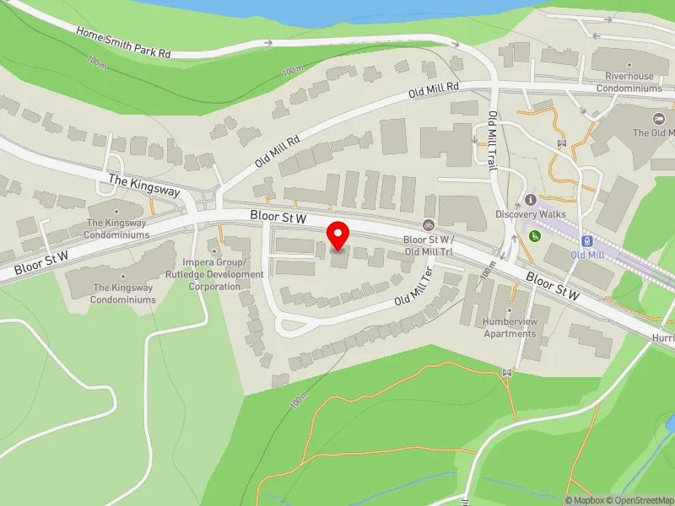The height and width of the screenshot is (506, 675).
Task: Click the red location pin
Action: [x=338, y=235]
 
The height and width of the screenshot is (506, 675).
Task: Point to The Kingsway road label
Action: [x=144, y=186]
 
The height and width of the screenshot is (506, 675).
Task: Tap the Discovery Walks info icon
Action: [x=530, y=200]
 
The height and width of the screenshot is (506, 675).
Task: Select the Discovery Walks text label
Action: [x=531, y=214]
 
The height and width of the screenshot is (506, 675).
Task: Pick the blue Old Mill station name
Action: [x=588, y=254]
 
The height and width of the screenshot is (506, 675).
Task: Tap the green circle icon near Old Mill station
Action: [x=534, y=235]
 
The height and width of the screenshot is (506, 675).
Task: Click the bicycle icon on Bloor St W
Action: [x=429, y=225]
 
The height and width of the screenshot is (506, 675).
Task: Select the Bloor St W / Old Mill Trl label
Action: [x=429, y=245]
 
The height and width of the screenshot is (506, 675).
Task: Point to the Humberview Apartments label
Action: [x=510, y=327]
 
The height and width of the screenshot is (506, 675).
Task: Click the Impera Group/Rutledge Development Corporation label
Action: [x=214, y=275]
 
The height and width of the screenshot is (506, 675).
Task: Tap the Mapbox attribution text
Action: [x=586, y=500]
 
